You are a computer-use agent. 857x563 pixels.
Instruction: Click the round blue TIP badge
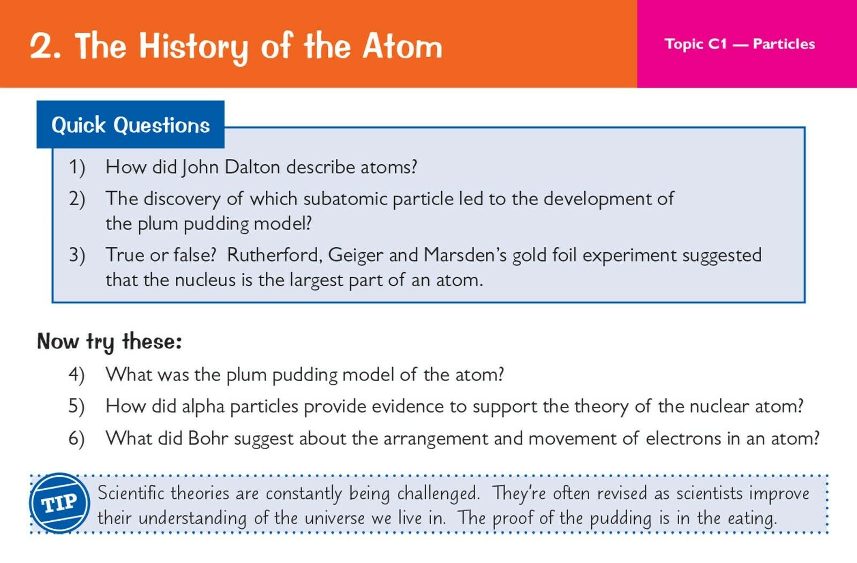pos(59,504)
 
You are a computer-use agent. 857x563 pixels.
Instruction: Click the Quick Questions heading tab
pos(131,125)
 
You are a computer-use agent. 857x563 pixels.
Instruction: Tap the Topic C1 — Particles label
pos(740,44)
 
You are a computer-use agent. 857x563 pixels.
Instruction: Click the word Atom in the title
pos(402,47)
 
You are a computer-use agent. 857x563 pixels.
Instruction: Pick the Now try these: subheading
pos(109,341)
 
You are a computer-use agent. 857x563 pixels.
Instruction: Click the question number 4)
pos(77,375)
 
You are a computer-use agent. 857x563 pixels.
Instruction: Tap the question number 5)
pos(77,406)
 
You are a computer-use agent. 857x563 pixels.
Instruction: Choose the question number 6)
pos(77,438)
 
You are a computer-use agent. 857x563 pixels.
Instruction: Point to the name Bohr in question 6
pos(208,438)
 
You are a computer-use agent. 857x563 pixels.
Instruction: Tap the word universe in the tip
pos(334,519)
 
